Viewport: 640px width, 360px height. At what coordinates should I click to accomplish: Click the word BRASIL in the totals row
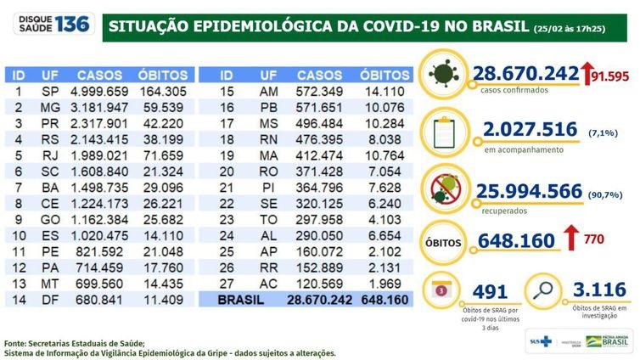coord(239,299)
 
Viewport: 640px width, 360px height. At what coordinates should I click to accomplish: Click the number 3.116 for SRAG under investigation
coord(598,290)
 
